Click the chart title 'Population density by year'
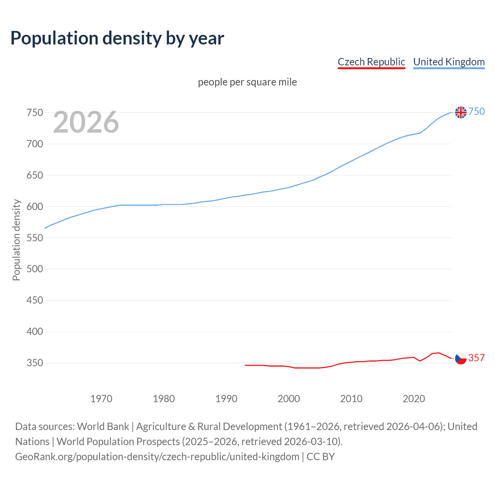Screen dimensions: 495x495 [x=117, y=38]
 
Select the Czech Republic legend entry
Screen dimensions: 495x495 [x=371, y=62]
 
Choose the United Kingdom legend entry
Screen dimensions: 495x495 [x=449, y=62]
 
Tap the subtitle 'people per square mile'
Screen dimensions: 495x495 [x=247, y=82]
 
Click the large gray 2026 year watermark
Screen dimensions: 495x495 [x=86, y=122]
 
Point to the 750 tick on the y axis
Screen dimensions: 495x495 [x=34, y=113]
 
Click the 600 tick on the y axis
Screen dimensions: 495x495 [x=34, y=207]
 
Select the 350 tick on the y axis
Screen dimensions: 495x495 [x=34, y=363]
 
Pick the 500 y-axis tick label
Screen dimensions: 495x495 [x=34, y=269]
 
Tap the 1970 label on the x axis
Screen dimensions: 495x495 [x=101, y=399]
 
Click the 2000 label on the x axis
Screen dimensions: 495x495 [x=289, y=399]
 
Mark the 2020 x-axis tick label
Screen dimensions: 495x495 [x=414, y=399]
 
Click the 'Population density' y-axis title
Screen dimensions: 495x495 [x=16, y=240]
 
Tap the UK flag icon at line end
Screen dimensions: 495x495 [x=461, y=112]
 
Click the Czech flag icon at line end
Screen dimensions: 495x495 [x=461, y=358]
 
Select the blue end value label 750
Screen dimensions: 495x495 [x=476, y=112]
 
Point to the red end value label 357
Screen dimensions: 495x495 [x=476, y=358]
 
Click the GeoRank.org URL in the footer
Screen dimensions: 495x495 [x=157, y=457]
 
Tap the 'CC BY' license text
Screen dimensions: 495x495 [x=321, y=457]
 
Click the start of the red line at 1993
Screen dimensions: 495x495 [x=246, y=365]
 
